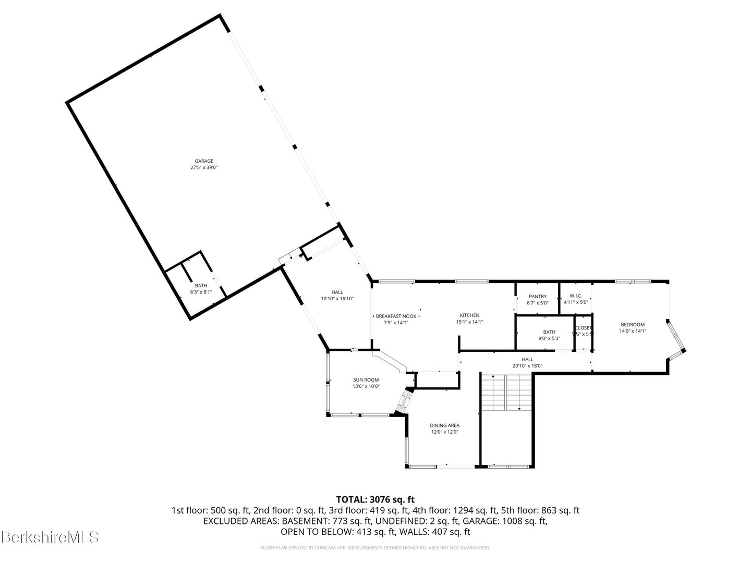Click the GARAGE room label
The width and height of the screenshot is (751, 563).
tap(204, 161)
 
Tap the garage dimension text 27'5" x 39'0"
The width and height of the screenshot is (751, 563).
tap(204, 168)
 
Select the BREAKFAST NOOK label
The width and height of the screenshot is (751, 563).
tap(396, 316)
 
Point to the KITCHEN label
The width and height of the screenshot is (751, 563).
tap(469, 315)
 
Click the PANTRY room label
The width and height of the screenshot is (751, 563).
tap(537, 297)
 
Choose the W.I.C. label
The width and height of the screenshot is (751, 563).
tap(576, 296)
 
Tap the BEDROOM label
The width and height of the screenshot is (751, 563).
tap(633, 324)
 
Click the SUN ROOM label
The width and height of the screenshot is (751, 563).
tap(366, 380)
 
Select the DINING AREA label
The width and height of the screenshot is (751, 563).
tap(444, 425)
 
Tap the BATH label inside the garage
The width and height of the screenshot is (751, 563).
tap(201, 286)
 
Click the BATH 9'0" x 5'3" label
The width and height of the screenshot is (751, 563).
tap(549, 332)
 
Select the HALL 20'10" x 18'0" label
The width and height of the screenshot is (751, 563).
tap(527, 359)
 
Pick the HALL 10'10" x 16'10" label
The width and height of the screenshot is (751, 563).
tap(337, 292)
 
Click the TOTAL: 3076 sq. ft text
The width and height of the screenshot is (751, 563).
tap(375, 500)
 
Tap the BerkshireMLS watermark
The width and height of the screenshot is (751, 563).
tap(50, 537)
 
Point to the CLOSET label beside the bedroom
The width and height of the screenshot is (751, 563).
tap(583, 328)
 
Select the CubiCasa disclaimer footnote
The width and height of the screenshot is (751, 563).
tap(375, 548)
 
